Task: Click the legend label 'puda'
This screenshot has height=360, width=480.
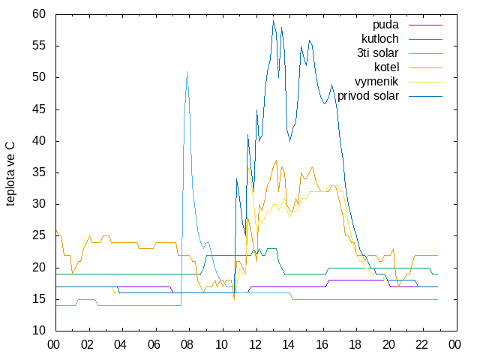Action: pos(385,25)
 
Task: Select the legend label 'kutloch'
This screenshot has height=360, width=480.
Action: pos(380,39)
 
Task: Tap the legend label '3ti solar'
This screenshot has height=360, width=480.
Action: pos(377,53)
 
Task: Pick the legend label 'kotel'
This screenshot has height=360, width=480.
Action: pos(386,67)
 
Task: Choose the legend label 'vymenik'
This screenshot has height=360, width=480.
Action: pos(376,82)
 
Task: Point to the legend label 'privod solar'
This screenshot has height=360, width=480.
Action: pos(368,96)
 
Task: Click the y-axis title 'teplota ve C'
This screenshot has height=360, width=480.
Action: pos(10,174)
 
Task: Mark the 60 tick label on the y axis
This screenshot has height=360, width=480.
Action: pos(39,13)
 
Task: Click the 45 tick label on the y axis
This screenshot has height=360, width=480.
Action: pos(39,109)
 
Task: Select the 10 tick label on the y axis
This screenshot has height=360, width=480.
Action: pos(39,330)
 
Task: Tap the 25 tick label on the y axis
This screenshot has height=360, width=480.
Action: pos(39,235)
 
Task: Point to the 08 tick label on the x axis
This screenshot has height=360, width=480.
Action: pos(187,345)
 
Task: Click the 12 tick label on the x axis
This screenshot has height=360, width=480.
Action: pos(254,345)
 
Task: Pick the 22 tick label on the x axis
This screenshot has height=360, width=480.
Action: pos(421,345)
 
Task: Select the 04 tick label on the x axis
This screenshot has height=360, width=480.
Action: pos(120,345)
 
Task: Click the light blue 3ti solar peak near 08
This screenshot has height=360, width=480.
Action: pos(187,72)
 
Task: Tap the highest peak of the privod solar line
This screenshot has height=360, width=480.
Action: pos(273,21)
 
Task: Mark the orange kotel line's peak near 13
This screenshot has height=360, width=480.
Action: pos(277,160)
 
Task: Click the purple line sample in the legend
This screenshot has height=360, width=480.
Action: pos(425,25)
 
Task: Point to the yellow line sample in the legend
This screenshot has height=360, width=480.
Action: pos(425,82)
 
